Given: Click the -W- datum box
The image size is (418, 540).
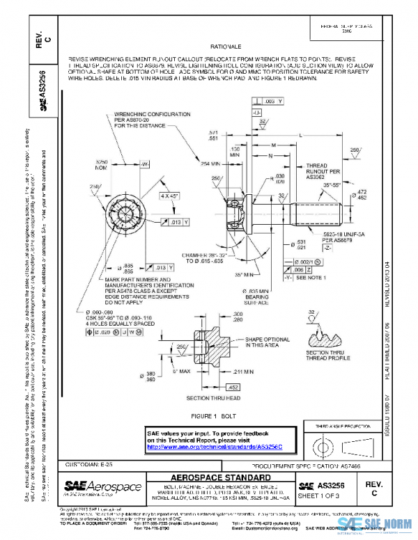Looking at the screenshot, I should pos(146,165).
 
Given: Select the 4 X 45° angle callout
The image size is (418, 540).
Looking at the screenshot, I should pos(167,196).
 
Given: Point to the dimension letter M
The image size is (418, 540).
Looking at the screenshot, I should pos(273,144).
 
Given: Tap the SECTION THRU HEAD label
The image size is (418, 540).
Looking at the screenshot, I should pos(213,398).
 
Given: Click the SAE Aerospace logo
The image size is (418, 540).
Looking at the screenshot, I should pos(102,486).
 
